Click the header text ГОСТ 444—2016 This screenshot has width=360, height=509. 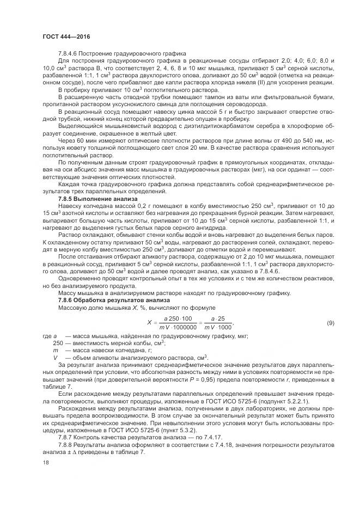(66, 36)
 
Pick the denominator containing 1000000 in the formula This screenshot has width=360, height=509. (179, 328)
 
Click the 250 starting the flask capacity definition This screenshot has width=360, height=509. (58, 344)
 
